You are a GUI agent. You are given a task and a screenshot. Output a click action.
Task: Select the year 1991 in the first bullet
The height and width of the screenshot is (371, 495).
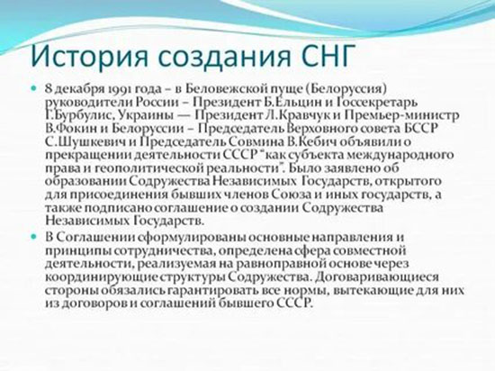(110, 93)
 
